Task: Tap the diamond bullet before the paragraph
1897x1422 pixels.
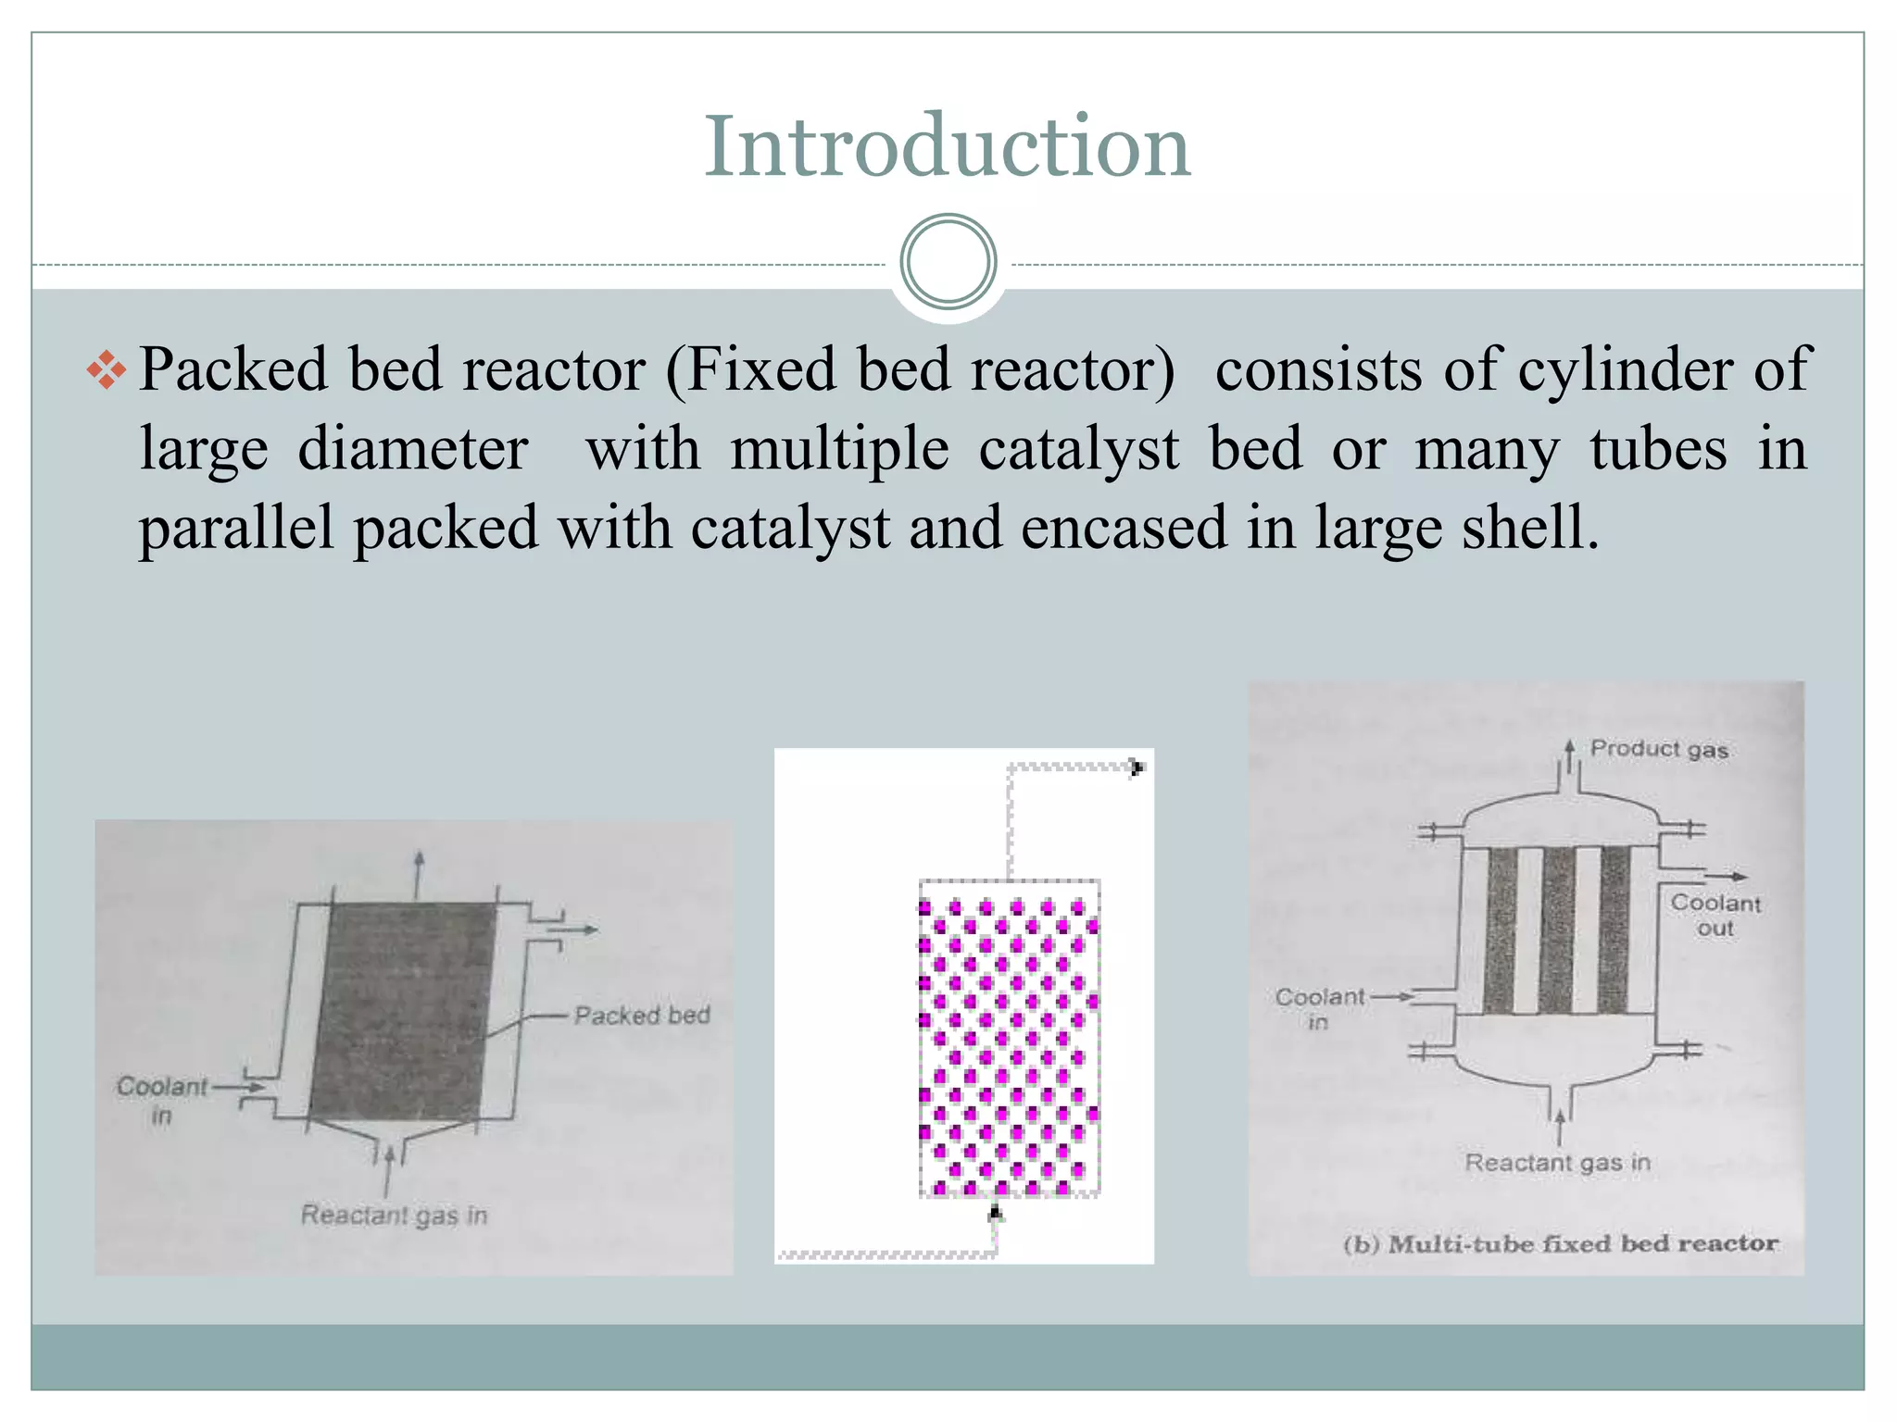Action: (107, 370)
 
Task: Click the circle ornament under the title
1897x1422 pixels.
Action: (948, 261)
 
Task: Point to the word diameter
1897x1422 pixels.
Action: (412, 450)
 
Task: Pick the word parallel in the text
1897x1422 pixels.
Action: (236, 528)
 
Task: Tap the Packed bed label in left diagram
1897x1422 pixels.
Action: (642, 1016)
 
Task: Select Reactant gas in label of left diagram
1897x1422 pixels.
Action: (394, 1215)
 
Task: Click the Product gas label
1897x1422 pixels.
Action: (1659, 749)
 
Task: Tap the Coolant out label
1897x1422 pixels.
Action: (1715, 915)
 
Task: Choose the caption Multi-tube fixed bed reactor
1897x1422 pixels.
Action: (1561, 1243)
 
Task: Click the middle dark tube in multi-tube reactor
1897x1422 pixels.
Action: (1558, 929)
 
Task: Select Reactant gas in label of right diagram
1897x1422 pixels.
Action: (1557, 1162)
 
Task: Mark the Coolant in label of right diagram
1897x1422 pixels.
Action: (1319, 1008)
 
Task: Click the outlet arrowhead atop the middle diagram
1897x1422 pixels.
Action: (1137, 767)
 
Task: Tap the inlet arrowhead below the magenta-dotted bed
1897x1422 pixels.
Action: (996, 1212)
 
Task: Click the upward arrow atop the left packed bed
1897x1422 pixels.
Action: (420, 860)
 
